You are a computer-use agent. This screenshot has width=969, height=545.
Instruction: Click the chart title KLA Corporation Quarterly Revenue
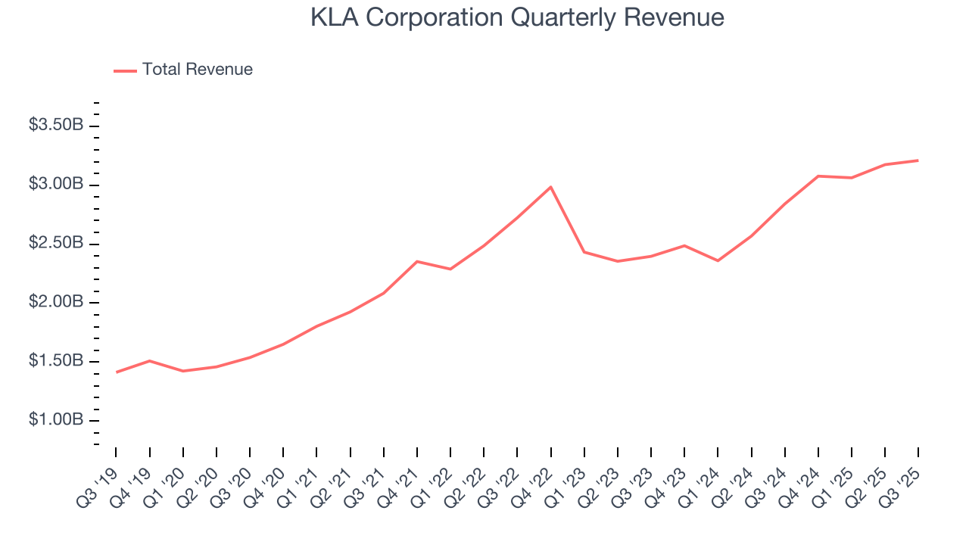tap(517, 17)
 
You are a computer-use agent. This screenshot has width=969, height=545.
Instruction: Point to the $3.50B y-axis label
tap(56, 126)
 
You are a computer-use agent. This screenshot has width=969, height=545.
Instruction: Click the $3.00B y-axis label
tap(56, 185)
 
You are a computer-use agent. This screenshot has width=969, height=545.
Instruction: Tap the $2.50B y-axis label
tap(56, 244)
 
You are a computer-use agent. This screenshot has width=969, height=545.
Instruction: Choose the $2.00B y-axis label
tap(56, 303)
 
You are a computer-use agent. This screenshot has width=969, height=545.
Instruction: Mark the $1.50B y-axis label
tap(56, 361)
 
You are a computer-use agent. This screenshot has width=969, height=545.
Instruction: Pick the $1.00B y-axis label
tap(56, 420)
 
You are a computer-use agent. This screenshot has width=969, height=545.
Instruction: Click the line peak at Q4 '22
tap(550, 187)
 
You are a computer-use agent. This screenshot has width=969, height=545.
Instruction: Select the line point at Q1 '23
tap(584, 251)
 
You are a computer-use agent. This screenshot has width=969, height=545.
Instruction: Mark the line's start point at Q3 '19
tap(117, 372)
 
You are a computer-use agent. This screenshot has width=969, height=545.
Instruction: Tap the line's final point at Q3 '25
tap(918, 160)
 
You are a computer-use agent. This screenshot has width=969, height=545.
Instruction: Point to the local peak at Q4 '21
tap(417, 261)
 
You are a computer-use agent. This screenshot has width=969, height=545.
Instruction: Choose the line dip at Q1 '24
tap(718, 260)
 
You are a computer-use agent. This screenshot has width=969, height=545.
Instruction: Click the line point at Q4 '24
tap(818, 176)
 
